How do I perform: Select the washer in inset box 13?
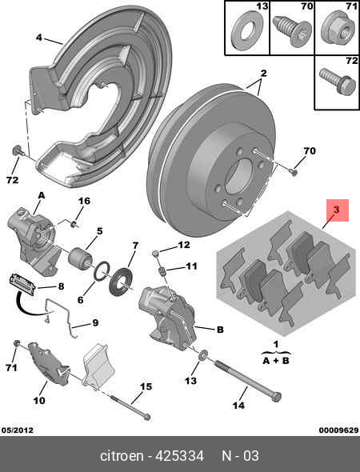[246, 30]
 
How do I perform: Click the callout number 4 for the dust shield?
[39, 38]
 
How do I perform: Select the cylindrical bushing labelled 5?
[81, 259]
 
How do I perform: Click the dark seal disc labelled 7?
[121, 282]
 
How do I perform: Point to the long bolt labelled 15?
[131, 407]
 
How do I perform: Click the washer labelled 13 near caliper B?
[202, 355]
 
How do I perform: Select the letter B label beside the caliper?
[220, 330]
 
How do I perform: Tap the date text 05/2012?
[17, 430]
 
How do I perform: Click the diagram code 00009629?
[338, 430]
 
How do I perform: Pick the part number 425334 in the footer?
[179, 456]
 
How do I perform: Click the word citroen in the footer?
[122, 456]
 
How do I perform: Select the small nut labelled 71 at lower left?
[17, 343]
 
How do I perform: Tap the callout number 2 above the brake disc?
[263, 73]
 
